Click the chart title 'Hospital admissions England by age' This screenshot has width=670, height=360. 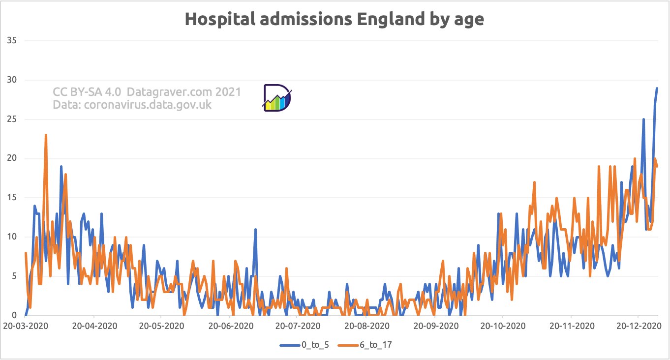pyautogui.click(x=334, y=19)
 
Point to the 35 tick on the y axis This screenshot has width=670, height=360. pyautogui.click(x=11, y=40)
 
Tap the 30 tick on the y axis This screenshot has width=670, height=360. pyautogui.click(x=11, y=80)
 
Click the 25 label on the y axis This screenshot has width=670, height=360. pyautogui.click(x=11, y=119)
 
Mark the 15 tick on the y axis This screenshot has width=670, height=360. pyautogui.click(x=11, y=198)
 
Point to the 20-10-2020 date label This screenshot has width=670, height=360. pyautogui.click(x=502, y=326)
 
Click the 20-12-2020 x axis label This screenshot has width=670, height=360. pyautogui.click(x=638, y=326)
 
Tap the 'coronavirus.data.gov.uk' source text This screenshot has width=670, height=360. pyautogui.click(x=148, y=104)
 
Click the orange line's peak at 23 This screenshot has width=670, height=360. pyautogui.click(x=46, y=135)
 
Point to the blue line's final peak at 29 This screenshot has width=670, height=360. pyautogui.click(x=657, y=88)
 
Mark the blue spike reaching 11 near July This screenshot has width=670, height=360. pyautogui.click(x=255, y=229)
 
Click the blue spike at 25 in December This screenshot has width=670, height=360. pyautogui.click(x=643, y=119)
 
